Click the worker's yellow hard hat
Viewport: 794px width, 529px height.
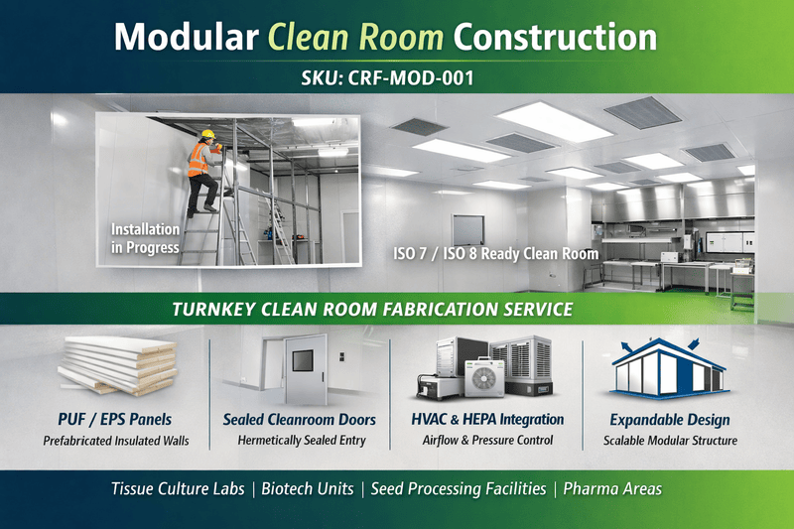(208, 134)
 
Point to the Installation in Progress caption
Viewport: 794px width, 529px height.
(145, 238)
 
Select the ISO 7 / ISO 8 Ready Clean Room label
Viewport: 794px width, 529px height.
(496, 254)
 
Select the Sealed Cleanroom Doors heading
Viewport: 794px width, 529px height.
(300, 420)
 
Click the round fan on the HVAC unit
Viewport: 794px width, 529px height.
(487, 378)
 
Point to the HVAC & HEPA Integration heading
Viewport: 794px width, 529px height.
(487, 420)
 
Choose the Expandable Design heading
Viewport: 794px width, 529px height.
(670, 420)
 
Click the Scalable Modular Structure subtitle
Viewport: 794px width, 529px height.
(670, 441)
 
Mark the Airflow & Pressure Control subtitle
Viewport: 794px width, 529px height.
(487, 441)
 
